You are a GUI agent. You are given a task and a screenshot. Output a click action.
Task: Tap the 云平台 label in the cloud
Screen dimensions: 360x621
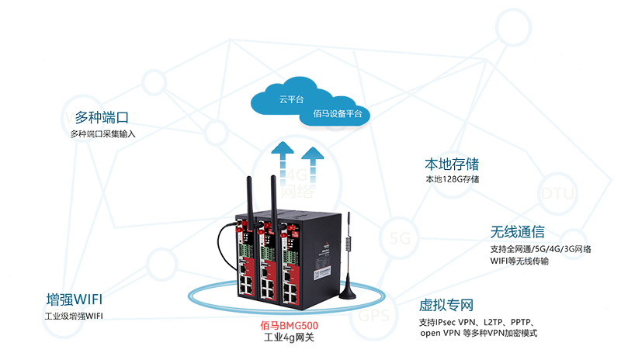click(x=290, y=100)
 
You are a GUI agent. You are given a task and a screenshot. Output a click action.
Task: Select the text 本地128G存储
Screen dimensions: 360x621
click(x=452, y=180)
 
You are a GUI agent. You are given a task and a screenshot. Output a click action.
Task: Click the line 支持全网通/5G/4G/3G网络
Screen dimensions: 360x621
click(x=540, y=248)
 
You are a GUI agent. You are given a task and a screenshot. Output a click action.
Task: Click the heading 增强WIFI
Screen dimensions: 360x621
click(x=75, y=299)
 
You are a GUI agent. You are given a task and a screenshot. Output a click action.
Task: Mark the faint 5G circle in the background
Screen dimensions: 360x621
click(x=401, y=237)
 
